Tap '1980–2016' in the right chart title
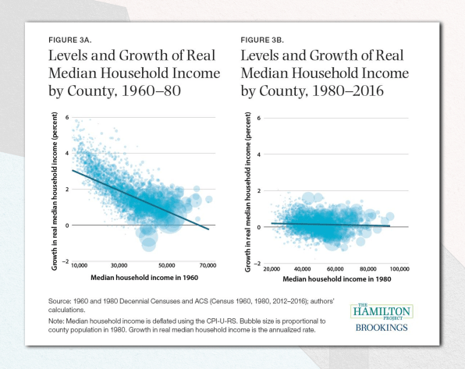tap(363, 92)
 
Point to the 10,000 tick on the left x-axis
tap(80, 265)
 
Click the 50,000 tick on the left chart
tap(165, 265)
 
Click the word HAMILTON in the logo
tap(380, 313)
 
